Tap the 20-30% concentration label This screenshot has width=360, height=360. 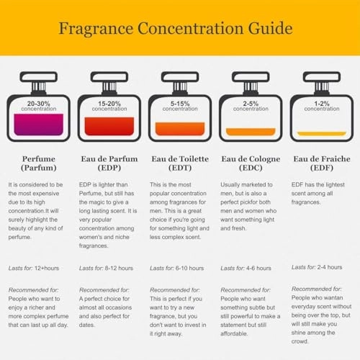click(38, 107)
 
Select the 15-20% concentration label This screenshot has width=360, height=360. click(109, 107)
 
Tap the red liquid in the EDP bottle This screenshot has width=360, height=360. click(109, 126)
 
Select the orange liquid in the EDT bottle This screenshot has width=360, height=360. click(179, 130)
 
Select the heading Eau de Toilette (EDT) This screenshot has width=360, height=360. click(180, 163)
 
